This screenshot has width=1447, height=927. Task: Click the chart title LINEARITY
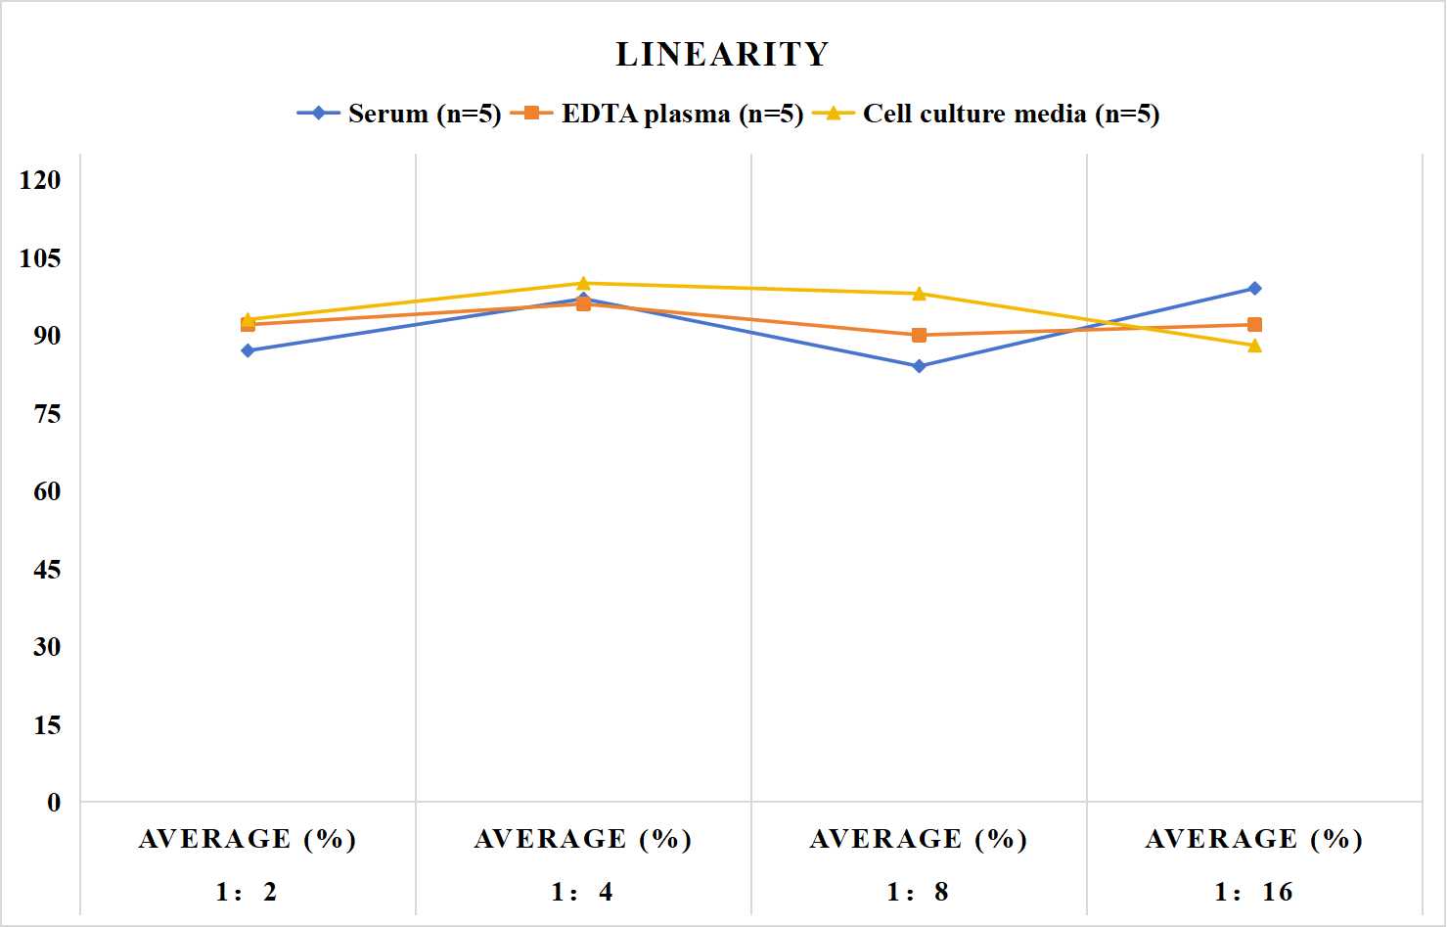pos(722,54)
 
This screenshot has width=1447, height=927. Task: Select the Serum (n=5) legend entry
pos(399,114)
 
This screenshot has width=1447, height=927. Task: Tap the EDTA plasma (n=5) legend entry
pos(656,114)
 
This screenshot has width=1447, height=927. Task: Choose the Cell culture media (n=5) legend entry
pos(986,114)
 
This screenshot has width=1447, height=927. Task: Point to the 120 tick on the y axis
pos(40,180)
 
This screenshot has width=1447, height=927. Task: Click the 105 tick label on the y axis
pos(40,257)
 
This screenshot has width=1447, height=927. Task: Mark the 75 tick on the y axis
pos(47,414)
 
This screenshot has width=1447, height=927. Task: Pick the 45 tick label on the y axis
pos(47,570)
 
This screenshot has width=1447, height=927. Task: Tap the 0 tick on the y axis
pos(54,803)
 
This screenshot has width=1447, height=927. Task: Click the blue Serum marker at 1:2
pos(248,350)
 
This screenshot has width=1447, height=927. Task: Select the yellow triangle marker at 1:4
pos(583,283)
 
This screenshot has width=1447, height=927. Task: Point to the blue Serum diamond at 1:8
pos(920,366)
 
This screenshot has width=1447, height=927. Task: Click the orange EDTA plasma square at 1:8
pos(920,335)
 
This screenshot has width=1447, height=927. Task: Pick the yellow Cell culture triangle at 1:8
pos(920,294)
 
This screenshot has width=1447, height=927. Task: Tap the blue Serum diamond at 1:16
pos(1254,289)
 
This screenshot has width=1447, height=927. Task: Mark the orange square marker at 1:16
pos(1254,325)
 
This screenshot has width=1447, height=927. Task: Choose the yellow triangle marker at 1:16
pos(1254,346)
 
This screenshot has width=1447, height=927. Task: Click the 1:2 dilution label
pos(247,892)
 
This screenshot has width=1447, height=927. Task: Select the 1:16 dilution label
pos(1254,892)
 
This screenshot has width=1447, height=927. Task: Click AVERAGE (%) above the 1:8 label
pos(919,839)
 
